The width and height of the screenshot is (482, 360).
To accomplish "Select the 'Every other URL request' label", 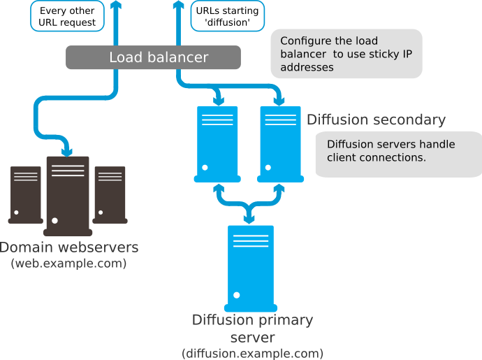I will point(67,17).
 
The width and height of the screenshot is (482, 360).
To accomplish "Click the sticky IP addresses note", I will point(346,54).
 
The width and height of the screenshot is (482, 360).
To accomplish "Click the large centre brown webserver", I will point(68,195).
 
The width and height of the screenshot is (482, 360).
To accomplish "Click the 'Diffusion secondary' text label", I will point(376,120).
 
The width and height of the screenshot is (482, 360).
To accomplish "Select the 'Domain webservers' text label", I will point(69,247).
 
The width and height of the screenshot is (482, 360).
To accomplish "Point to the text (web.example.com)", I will point(68,264).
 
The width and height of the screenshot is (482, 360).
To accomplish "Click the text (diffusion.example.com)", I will point(252,353).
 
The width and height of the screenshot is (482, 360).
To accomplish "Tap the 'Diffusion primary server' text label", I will point(252,329).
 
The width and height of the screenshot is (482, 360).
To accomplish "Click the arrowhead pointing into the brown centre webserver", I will point(68,150).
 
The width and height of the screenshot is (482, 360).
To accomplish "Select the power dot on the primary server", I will point(238,295).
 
